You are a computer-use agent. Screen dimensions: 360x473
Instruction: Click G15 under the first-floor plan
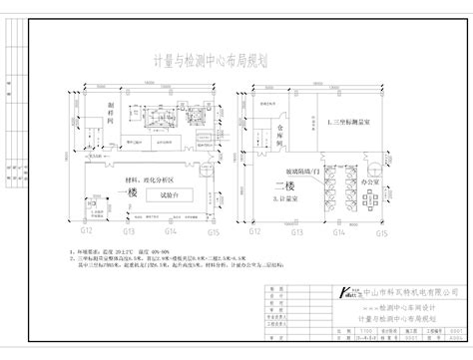213,232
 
